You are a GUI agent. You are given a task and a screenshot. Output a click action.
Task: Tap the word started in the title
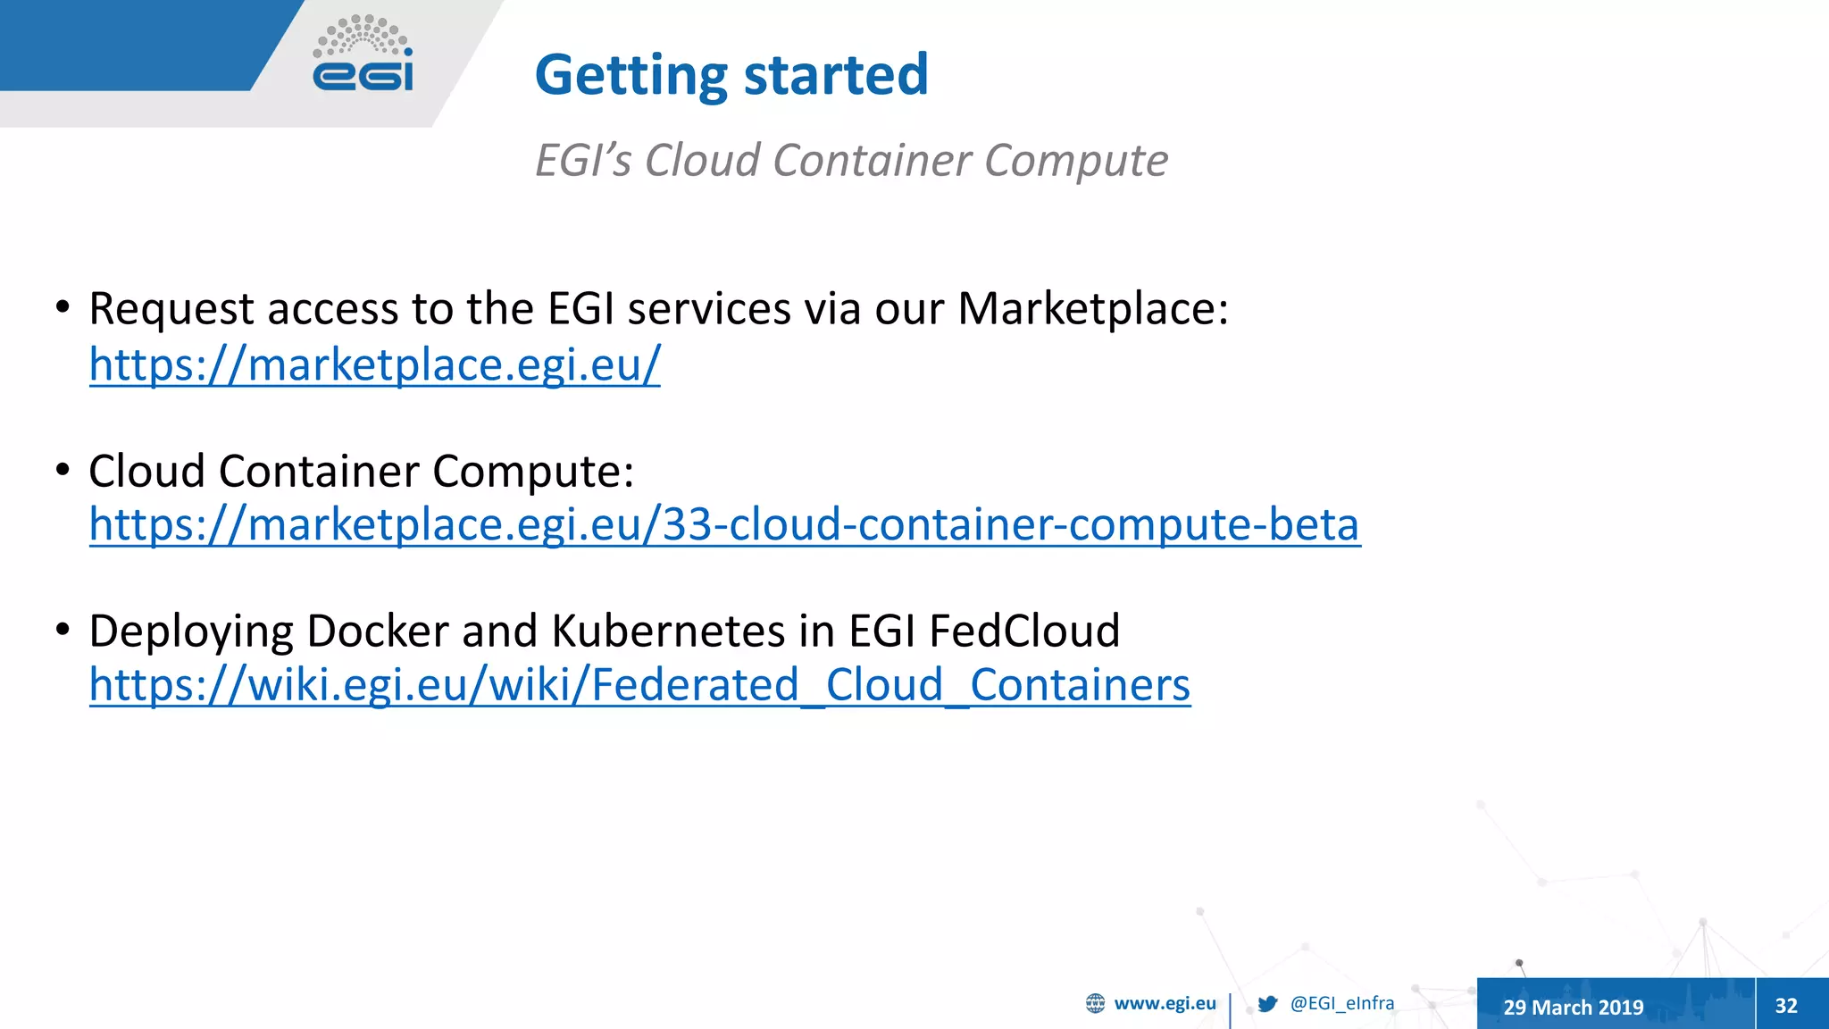(836, 75)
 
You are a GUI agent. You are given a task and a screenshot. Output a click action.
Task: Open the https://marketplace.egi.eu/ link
(374, 364)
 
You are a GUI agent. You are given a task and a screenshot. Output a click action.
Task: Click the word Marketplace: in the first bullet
(1092, 309)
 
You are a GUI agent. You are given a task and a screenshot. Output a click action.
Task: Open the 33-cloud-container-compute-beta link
(724, 524)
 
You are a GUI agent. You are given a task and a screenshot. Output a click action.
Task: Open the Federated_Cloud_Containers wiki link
(639, 685)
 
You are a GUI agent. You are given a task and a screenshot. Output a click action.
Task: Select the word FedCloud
(1024, 632)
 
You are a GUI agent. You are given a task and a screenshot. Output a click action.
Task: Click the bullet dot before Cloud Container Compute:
(63, 469)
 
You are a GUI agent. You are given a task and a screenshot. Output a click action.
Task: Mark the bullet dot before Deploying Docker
(63, 630)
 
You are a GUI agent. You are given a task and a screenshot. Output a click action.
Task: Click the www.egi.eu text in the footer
(1165, 1003)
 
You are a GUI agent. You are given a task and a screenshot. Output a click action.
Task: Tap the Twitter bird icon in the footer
(1267, 1004)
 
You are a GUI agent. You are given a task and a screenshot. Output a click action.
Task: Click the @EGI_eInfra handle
(1341, 1003)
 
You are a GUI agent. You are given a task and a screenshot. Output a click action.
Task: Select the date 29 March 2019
(1573, 1007)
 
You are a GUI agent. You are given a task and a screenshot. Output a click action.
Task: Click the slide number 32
(1786, 1006)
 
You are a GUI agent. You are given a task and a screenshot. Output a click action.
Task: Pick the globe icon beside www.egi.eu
(1095, 1003)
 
